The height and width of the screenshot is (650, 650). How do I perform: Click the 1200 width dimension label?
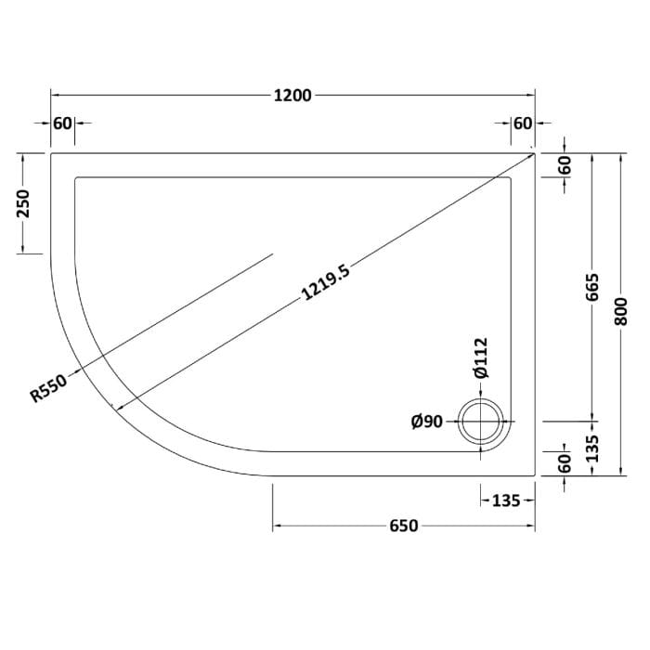[x=292, y=96]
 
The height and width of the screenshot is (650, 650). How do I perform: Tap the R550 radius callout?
[x=48, y=388]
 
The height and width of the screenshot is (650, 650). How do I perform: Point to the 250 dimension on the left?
[x=24, y=203]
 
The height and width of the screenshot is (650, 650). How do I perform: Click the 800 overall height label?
[x=622, y=311]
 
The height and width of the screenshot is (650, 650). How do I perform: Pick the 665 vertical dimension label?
[x=592, y=287]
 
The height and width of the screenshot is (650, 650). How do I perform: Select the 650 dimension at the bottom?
[x=404, y=526]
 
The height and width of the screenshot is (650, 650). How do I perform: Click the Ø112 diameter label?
[x=481, y=358]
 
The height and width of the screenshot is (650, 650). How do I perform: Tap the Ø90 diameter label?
[x=427, y=422]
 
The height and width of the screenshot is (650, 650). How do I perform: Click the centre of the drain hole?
[x=480, y=422]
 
